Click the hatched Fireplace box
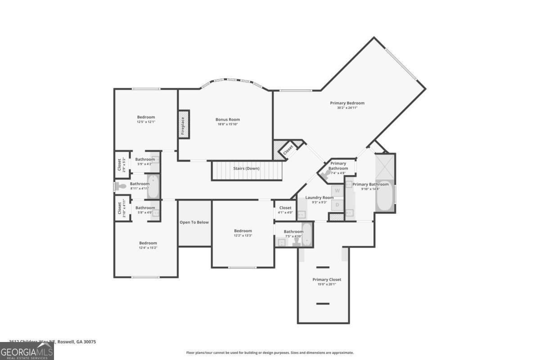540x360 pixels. [184, 124]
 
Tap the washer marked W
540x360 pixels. [337, 191]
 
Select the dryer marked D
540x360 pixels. [337, 205]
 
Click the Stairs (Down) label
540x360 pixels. [246, 168]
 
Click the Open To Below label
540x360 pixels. [194, 222]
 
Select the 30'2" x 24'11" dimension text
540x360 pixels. [347, 108]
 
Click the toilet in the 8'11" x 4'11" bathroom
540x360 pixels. [121, 186]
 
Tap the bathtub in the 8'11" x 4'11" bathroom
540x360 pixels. [153, 187]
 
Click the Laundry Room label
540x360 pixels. [319, 198]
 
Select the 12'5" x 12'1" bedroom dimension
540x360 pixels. [146, 122]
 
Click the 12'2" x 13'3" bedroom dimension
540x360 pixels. [243, 235]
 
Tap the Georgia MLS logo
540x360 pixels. [27, 351]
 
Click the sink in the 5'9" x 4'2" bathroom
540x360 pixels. [155, 159]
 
